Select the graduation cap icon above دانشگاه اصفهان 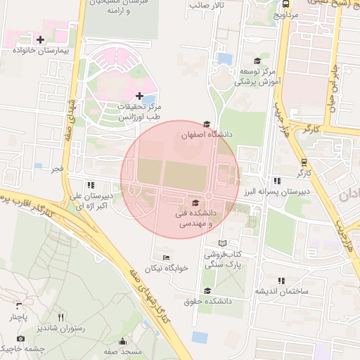[206, 124]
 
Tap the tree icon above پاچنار [19, 306]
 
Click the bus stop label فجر [56, 169]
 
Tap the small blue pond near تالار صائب [225, 59]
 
